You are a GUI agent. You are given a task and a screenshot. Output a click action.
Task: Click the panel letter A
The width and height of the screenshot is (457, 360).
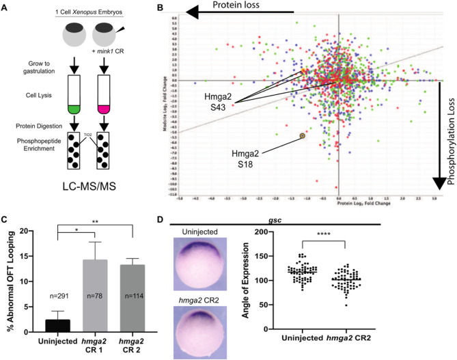tap(6, 6)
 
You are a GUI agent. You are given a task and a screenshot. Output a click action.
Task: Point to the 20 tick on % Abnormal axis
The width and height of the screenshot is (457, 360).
tap(31, 230)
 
